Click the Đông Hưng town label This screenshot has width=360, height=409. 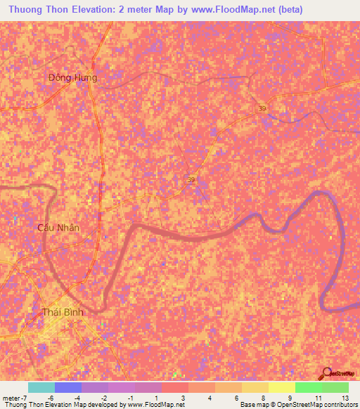pos(73,77)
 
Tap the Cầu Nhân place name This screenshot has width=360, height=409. pos(58,228)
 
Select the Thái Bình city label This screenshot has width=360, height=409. pos(63,312)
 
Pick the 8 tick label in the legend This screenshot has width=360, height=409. pos(264,398)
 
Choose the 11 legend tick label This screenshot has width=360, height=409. pos(318,398)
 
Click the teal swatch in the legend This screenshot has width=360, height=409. pos(41,387)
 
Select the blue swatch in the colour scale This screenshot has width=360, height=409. pos(67,387)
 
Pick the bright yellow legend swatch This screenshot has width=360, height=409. pos(281,387)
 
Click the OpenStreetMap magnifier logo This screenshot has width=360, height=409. pos(326,373)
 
